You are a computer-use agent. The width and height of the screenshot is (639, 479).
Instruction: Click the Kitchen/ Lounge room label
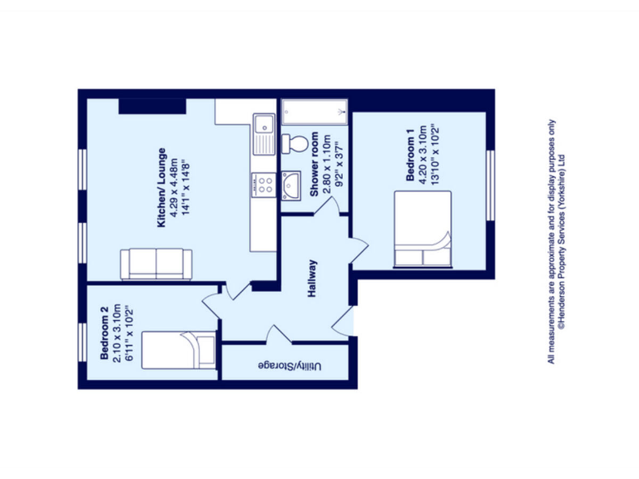(x=161, y=187)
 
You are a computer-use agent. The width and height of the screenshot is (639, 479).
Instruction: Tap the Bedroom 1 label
(x=410, y=155)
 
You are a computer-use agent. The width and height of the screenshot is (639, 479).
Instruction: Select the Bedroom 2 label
(x=104, y=333)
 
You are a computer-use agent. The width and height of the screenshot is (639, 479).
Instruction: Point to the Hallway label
(x=312, y=279)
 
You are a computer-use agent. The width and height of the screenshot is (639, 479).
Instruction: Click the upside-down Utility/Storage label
(x=290, y=366)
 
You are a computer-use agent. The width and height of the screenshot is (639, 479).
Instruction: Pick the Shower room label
(x=315, y=164)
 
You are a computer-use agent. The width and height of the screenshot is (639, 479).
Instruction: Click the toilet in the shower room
(x=295, y=144)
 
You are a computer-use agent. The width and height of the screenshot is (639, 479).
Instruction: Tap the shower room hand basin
(x=291, y=185)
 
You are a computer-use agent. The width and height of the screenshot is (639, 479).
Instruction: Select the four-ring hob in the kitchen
(x=264, y=185)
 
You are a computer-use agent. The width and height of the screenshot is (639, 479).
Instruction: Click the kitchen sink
(x=264, y=135)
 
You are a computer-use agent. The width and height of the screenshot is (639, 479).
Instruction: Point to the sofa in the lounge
(x=156, y=264)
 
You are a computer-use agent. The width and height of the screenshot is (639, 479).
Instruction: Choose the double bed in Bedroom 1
(x=423, y=230)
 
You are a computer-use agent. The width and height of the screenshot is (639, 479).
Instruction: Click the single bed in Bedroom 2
(x=179, y=350)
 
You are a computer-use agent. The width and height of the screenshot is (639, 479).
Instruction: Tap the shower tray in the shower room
(x=315, y=112)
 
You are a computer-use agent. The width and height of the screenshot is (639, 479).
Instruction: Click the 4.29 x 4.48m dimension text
(x=174, y=188)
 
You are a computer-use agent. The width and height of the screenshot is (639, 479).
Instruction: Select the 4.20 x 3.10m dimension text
(x=423, y=155)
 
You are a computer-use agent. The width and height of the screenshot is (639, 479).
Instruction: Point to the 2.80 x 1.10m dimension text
(x=327, y=164)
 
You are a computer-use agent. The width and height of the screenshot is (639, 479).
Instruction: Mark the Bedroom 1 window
(x=490, y=185)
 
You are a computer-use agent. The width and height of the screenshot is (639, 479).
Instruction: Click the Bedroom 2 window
(x=82, y=342)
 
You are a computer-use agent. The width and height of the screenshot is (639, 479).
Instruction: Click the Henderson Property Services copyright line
(x=562, y=241)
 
